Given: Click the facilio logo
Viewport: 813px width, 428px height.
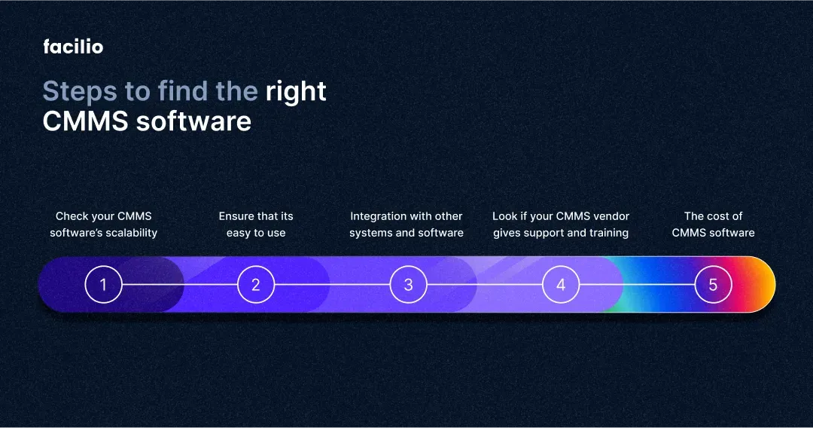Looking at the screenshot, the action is point(73,47).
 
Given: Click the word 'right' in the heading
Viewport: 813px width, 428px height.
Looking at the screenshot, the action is point(296,93).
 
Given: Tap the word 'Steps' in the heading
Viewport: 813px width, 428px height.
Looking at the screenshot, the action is point(80,93).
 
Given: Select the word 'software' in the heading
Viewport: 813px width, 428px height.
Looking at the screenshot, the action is point(194,121).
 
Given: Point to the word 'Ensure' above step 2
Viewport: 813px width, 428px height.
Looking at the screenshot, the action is point(236,216).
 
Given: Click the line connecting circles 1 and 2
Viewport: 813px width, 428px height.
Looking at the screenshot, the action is point(180,284).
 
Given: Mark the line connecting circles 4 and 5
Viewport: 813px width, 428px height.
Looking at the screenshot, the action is point(638,284).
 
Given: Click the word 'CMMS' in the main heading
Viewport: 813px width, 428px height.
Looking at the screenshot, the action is point(86,121).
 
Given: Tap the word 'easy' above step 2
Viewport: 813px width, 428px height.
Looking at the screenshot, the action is point(239,234).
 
